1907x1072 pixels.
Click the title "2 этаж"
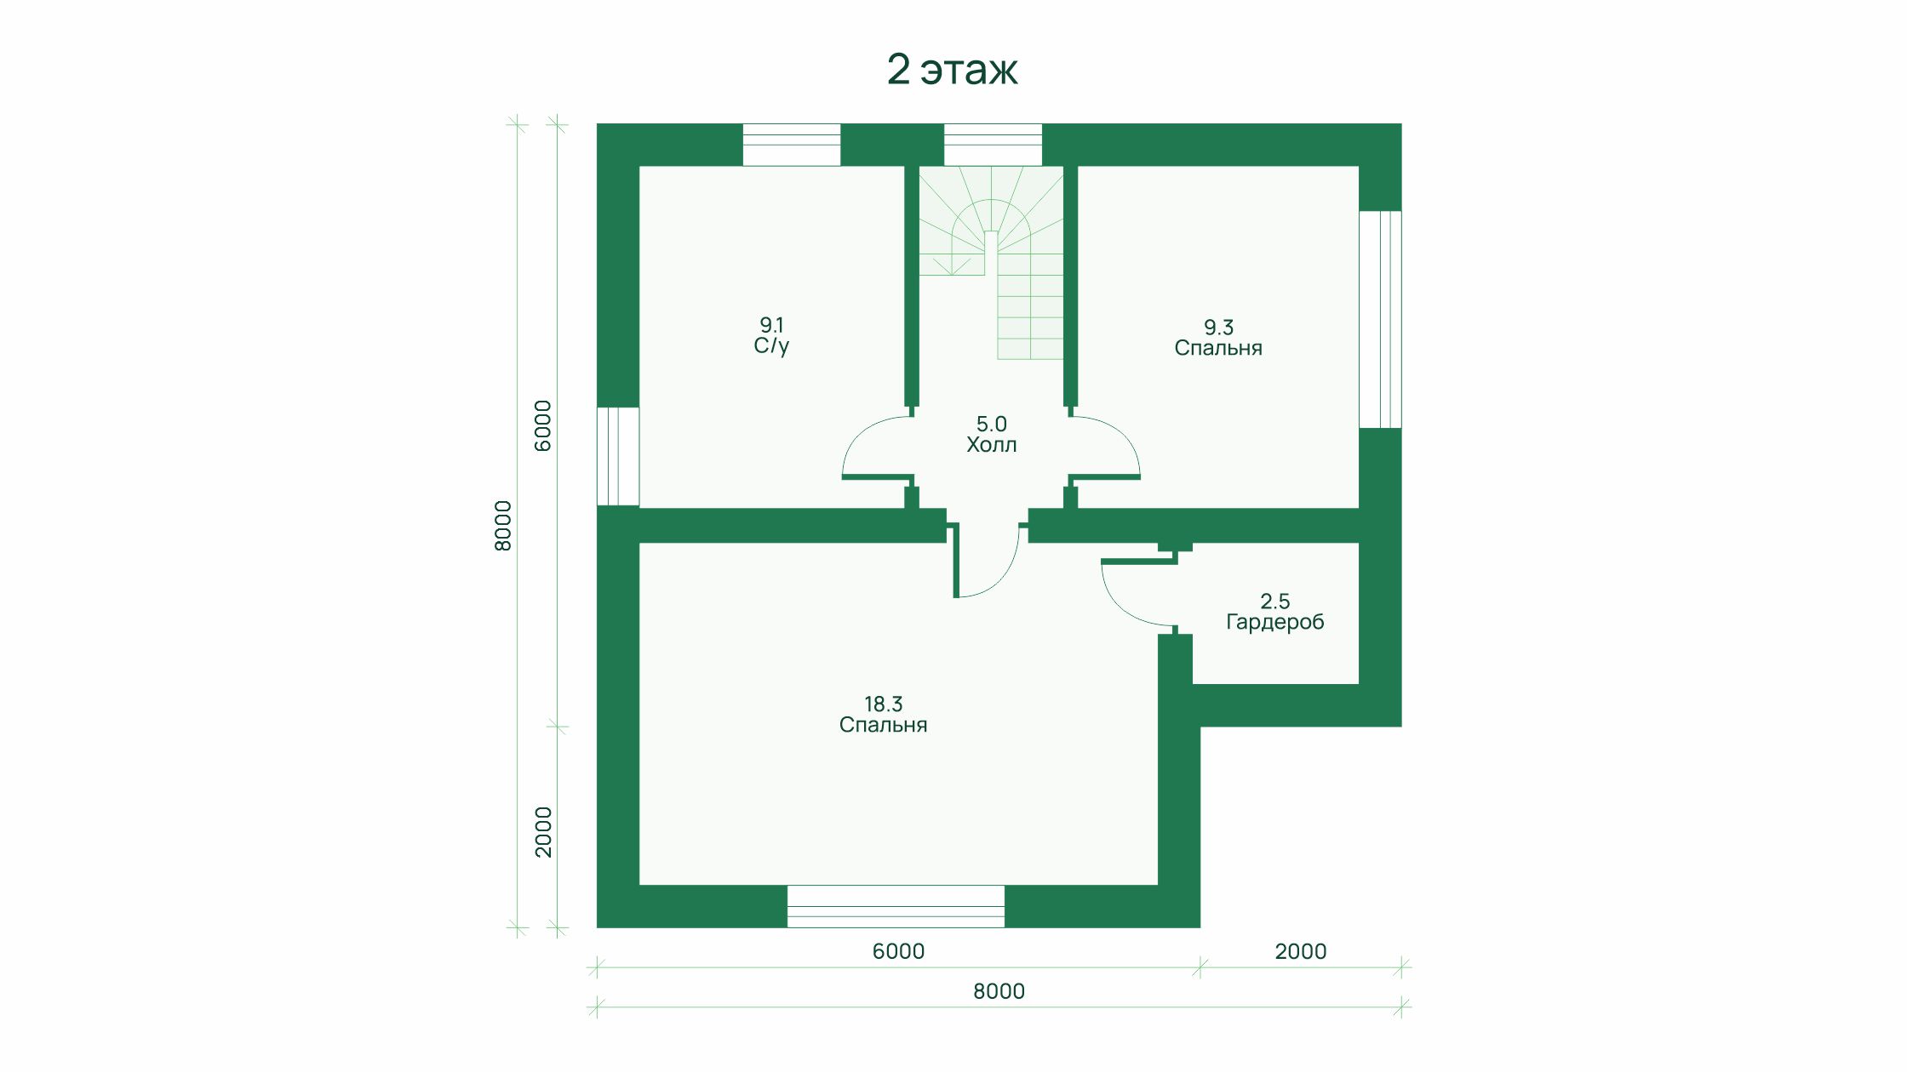click(x=952, y=69)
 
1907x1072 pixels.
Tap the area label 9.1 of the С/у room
click(x=771, y=324)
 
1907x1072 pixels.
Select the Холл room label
click(x=991, y=444)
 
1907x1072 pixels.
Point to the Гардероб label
click(x=1275, y=622)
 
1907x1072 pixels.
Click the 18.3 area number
click(x=883, y=704)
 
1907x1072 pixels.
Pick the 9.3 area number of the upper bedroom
click(x=1218, y=327)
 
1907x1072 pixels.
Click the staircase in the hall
click(x=991, y=262)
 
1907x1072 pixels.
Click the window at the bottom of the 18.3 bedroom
click(x=896, y=906)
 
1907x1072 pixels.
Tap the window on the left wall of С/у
click(x=618, y=456)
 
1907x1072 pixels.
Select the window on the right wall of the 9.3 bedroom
click(x=1380, y=319)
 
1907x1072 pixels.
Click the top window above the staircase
click(x=993, y=145)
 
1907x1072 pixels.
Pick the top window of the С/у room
click(x=792, y=145)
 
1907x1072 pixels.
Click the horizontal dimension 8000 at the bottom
click(x=999, y=991)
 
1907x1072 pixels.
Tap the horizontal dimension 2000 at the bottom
click(x=1300, y=951)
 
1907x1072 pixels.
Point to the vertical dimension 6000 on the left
click(x=543, y=425)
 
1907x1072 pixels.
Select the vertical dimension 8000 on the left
click(x=503, y=526)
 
